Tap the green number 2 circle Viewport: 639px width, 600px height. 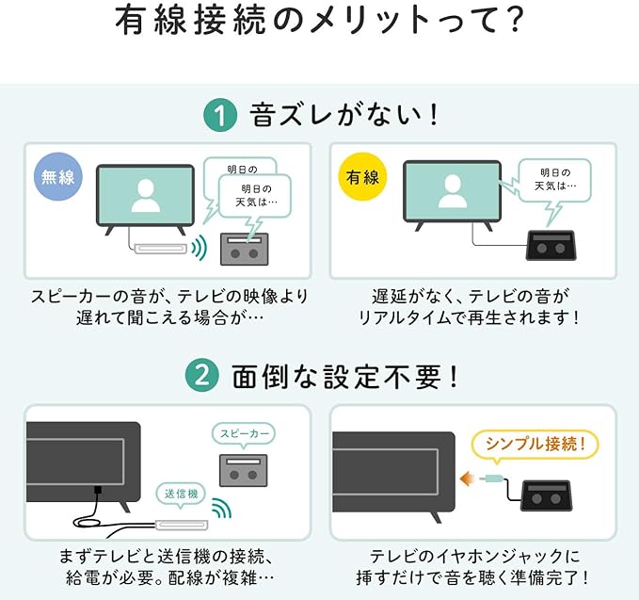[x=202, y=378]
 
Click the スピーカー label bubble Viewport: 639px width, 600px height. [x=244, y=434]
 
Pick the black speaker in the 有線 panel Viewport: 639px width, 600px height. [x=551, y=247]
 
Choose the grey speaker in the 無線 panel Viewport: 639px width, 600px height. [x=245, y=250]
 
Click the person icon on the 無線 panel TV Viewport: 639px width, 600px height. [x=146, y=194]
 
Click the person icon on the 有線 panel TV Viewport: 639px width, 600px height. [x=452, y=192]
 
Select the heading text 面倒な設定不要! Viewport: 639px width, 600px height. [x=346, y=378]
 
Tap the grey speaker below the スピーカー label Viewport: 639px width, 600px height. [x=244, y=469]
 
